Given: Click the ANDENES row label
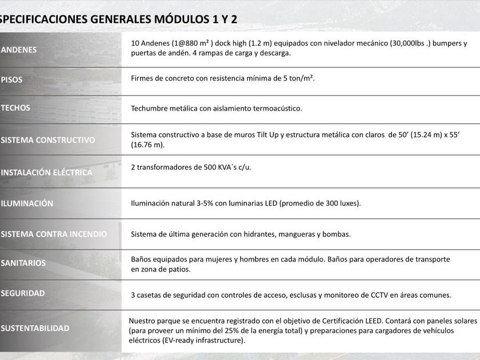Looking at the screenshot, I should pos(19,50).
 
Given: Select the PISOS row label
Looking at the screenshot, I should pos(12,79).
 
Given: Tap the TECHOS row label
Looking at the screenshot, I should pos(15,107).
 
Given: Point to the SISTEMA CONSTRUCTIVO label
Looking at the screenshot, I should pos(48,140).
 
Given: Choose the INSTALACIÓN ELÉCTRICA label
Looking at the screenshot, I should pos(46,172).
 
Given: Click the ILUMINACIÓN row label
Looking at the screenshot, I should pos(27,203).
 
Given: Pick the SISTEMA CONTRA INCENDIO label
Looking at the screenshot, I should pos(54,234).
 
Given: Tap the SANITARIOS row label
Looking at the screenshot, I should pos(23,263).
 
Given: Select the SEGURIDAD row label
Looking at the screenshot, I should pos(23,293).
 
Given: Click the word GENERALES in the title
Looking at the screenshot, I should pos(120,19).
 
